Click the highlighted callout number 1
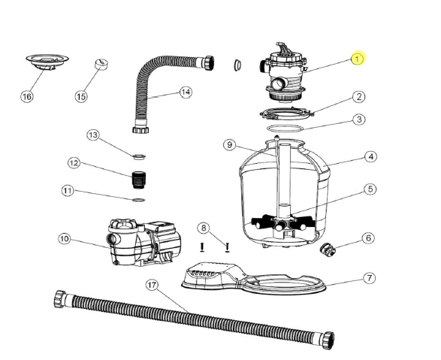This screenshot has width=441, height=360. tap(358, 59)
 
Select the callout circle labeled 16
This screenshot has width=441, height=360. tap(27, 97)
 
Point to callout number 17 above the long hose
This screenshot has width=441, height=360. tap(153, 286)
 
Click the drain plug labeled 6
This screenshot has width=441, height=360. tap(328, 250)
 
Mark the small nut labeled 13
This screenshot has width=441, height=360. tap(138, 156)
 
